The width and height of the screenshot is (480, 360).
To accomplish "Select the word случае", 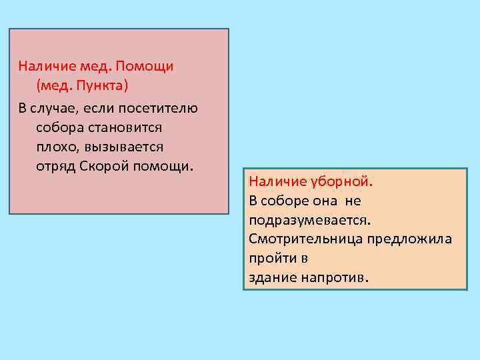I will click(55, 107).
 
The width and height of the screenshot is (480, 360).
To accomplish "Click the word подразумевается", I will click(309, 219).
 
